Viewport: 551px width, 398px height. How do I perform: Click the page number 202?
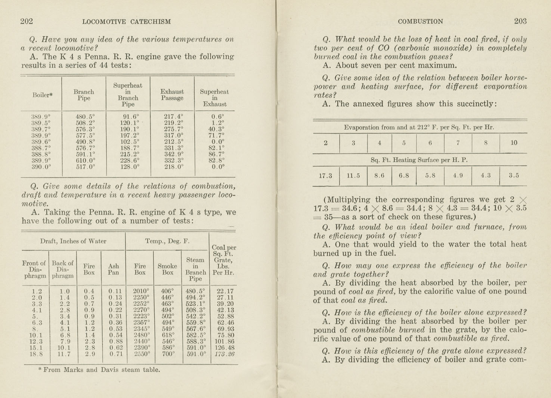pyautogui.click(x=27, y=21)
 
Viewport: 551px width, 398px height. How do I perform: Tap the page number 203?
pyautogui.click(x=520, y=21)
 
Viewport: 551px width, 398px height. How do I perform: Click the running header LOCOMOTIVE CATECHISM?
pyautogui.click(x=126, y=22)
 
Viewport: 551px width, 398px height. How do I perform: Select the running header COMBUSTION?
pyautogui.click(x=420, y=22)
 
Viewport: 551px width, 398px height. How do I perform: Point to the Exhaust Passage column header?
pyautogui.click(x=172, y=95)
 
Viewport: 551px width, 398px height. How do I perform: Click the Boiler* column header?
pyautogui.click(x=42, y=95)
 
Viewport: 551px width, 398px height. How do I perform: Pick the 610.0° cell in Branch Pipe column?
pyautogui.click(x=85, y=160)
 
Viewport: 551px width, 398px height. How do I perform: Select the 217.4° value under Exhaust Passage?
pyautogui.click(x=173, y=116)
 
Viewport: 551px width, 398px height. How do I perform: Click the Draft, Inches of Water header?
pyautogui.click(x=73, y=241)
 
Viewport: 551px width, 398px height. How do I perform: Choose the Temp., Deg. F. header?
pyautogui.click(x=167, y=241)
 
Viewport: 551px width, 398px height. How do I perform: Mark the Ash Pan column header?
pyautogui.click(x=113, y=269)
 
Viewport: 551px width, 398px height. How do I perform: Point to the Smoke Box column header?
pyautogui.click(x=167, y=269)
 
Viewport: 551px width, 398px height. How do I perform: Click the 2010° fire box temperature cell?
pyautogui.click(x=141, y=291)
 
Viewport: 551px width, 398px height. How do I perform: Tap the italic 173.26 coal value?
pyautogui.click(x=225, y=354)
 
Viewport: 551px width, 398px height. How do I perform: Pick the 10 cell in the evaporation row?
pyautogui.click(x=514, y=143)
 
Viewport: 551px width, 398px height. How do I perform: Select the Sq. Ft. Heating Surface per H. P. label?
pyautogui.click(x=419, y=160)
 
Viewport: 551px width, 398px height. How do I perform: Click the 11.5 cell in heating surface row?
pyautogui.click(x=353, y=176)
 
